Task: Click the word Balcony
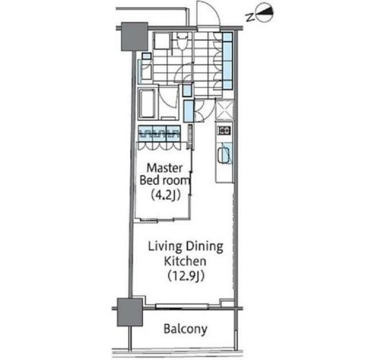(x=185, y=329)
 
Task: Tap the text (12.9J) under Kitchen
(x=186, y=276)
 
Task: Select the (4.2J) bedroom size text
(x=166, y=195)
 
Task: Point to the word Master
(x=165, y=168)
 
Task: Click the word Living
(x=165, y=247)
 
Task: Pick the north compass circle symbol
(x=265, y=12)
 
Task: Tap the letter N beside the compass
(x=251, y=17)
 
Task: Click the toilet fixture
(x=182, y=41)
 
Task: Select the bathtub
(x=147, y=103)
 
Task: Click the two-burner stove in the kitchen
(x=224, y=130)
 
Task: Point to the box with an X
(x=225, y=109)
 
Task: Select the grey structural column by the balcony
(x=130, y=312)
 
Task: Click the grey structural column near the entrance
(x=134, y=37)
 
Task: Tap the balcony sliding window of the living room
(x=181, y=306)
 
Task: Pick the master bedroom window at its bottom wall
(x=158, y=220)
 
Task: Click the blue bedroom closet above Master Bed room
(x=159, y=133)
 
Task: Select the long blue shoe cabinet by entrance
(x=227, y=60)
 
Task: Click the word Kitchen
(x=185, y=261)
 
